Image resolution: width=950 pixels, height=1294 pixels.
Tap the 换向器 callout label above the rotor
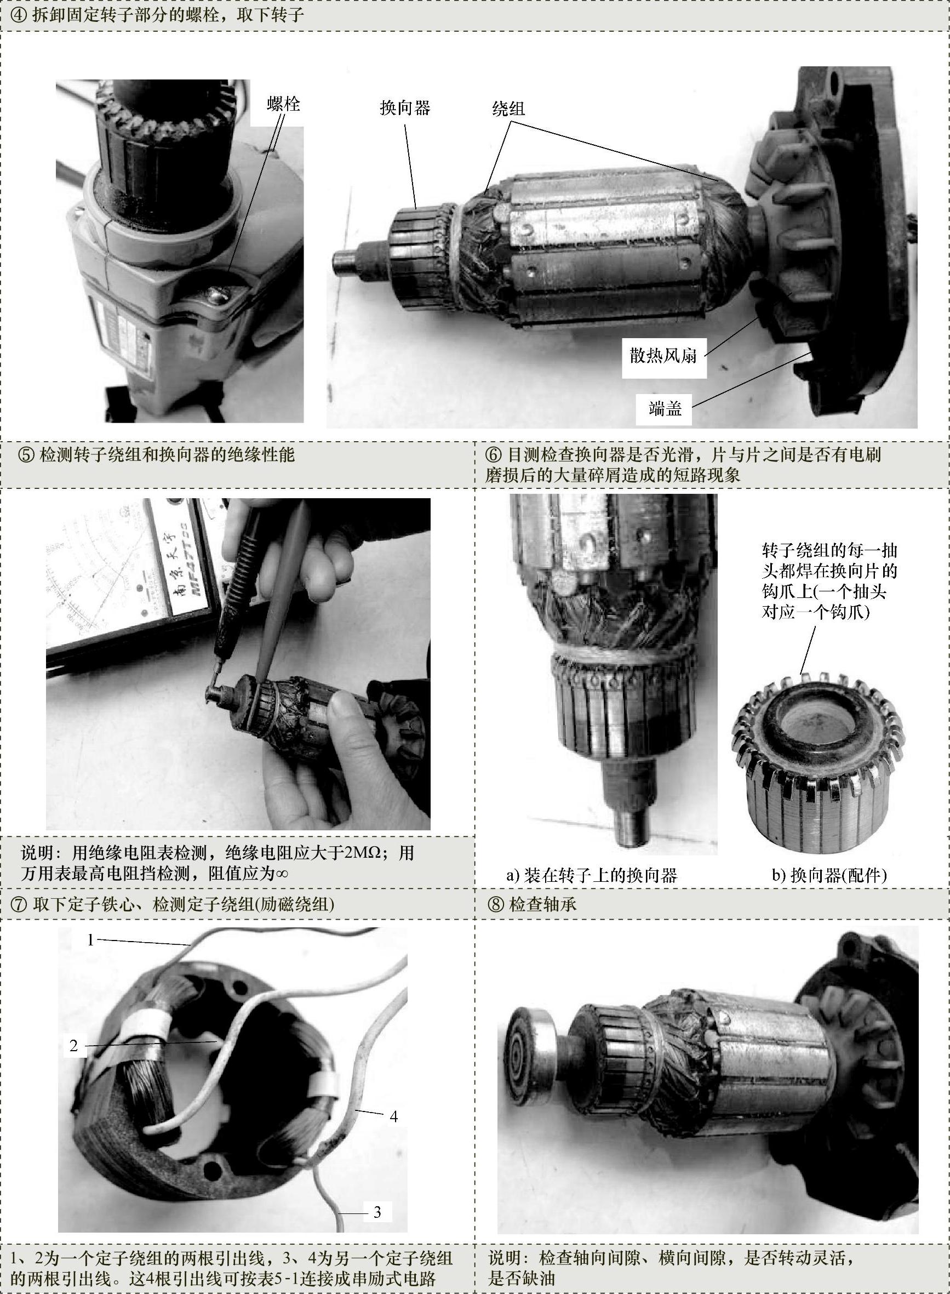405,107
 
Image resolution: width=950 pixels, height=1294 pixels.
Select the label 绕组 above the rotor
508,107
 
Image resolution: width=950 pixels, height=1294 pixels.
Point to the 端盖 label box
665,408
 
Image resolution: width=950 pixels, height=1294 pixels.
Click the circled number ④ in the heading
19,14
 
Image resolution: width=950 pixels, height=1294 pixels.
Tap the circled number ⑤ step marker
26,455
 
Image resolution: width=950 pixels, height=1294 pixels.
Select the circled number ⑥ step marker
494,455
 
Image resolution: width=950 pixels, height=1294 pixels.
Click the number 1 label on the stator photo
90,940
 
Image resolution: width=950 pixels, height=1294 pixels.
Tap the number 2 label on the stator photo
73,1045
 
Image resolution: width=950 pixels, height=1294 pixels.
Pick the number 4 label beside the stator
393,1116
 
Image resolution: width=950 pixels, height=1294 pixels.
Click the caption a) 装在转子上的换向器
592,876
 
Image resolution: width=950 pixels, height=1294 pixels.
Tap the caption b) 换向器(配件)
829,876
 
